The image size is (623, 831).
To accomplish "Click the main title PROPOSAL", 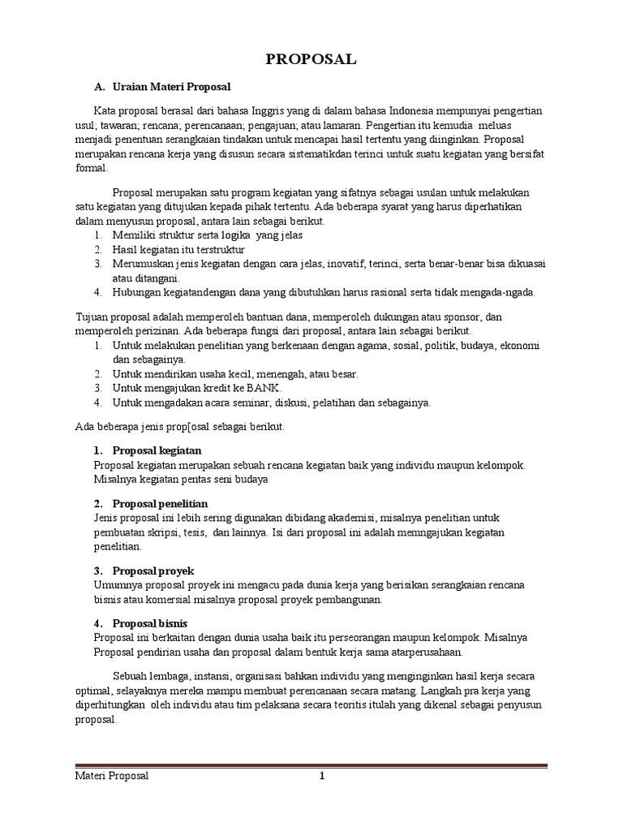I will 311,60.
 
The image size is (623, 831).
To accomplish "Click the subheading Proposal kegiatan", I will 157,450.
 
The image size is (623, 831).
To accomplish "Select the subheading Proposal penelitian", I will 160,503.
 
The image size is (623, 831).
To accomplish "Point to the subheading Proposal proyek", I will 153,571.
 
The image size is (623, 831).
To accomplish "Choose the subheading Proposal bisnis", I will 150,623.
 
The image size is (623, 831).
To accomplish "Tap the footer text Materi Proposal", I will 107,776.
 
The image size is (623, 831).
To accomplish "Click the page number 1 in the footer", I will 321,776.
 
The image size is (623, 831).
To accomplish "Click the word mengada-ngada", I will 501,292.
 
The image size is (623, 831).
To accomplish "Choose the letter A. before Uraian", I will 100,86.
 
